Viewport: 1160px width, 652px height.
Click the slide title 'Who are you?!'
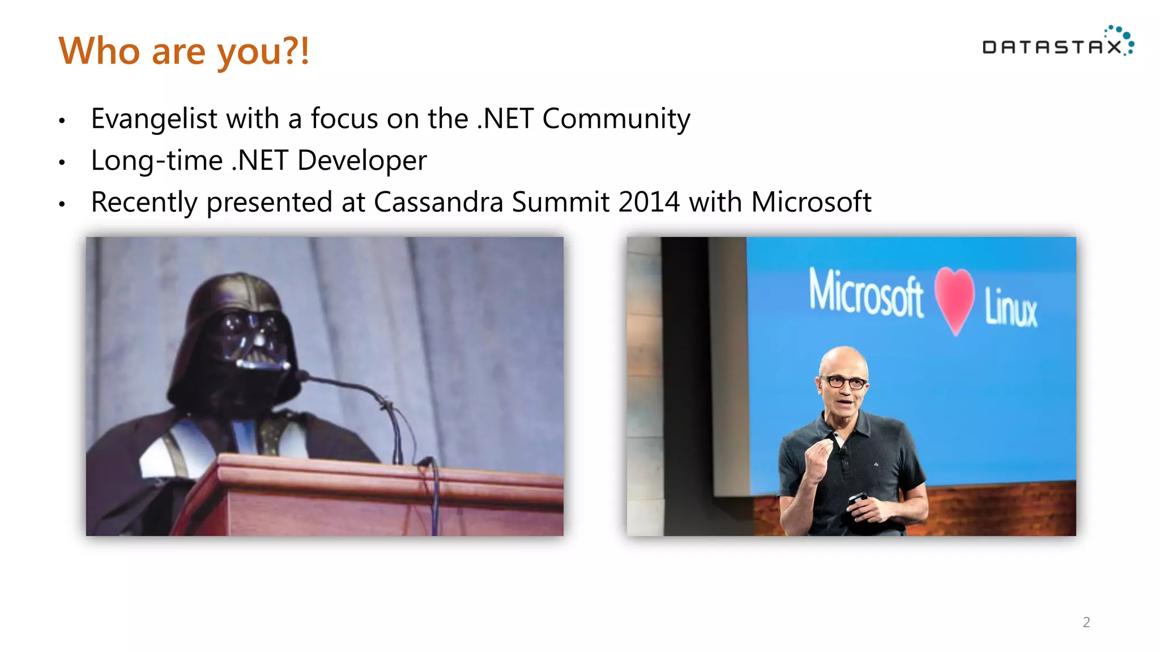pyautogui.click(x=184, y=51)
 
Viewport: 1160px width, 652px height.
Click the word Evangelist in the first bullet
pyautogui.click(x=154, y=119)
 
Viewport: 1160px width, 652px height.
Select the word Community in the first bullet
pyautogui.click(x=616, y=119)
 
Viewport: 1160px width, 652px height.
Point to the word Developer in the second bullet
pyautogui.click(x=361, y=161)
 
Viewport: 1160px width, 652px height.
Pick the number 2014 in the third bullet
pyautogui.click(x=649, y=202)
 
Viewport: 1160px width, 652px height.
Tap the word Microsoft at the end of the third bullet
pyautogui.click(x=811, y=202)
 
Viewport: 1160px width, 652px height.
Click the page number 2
pyautogui.click(x=1086, y=622)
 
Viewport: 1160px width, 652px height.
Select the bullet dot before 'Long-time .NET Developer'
pyautogui.click(x=62, y=163)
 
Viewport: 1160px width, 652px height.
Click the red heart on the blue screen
pyautogui.click(x=955, y=299)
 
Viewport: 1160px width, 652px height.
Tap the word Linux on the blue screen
pyautogui.click(x=1010, y=308)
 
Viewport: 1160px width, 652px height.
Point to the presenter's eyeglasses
pyautogui.click(x=844, y=382)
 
